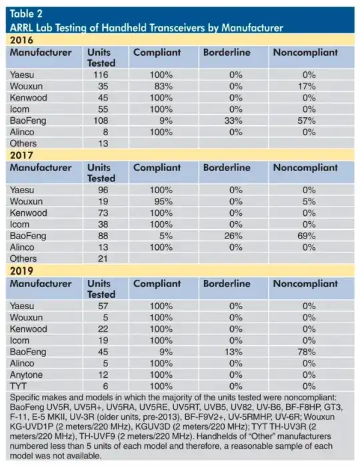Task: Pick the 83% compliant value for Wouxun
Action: pyautogui.click(x=162, y=87)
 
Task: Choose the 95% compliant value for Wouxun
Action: pyautogui.click(x=162, y=201)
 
